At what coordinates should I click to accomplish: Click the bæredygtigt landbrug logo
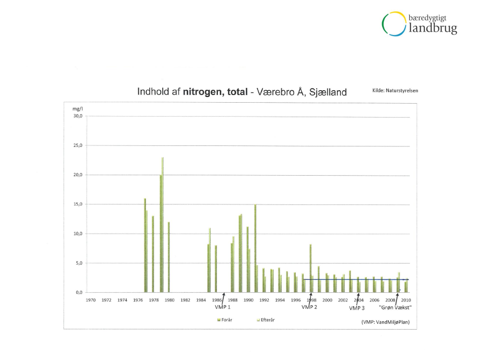(419, 24)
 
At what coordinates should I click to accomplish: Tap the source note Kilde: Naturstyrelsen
(395, 90)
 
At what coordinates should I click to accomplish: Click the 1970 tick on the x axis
(91, 300)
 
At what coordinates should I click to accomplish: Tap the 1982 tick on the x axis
(185, 300)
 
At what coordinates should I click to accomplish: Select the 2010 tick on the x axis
(406, 300)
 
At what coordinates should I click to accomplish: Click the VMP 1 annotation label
(223, 307)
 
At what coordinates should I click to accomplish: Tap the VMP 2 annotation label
(309, 307)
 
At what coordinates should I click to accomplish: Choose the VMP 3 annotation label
(357, 308)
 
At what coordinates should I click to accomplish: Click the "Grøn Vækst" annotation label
(396, 307)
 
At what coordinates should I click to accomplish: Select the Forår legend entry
(226, 320)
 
